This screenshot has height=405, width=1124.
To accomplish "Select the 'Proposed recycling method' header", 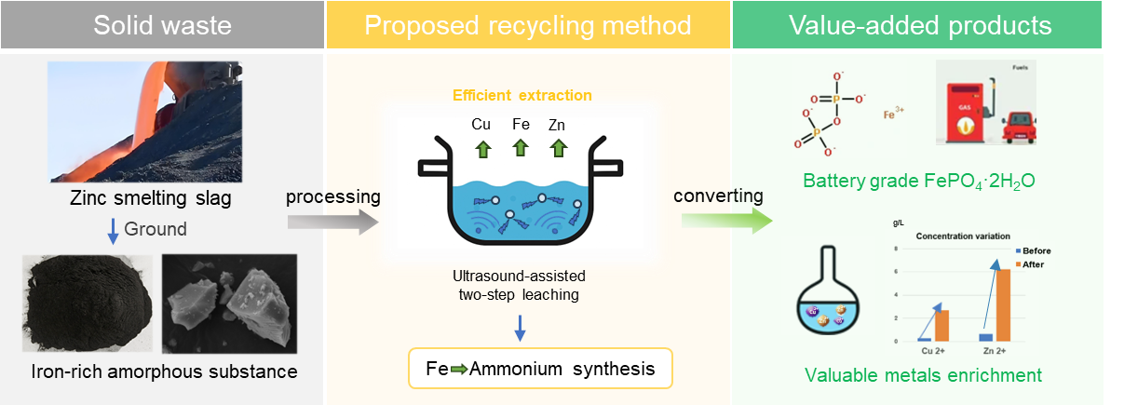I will pos(528,24).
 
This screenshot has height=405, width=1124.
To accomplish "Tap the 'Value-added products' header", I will pos(920,24).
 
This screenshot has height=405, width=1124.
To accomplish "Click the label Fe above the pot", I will pos(520,124).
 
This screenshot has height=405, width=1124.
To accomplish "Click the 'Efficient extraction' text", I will pos(521,95).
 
